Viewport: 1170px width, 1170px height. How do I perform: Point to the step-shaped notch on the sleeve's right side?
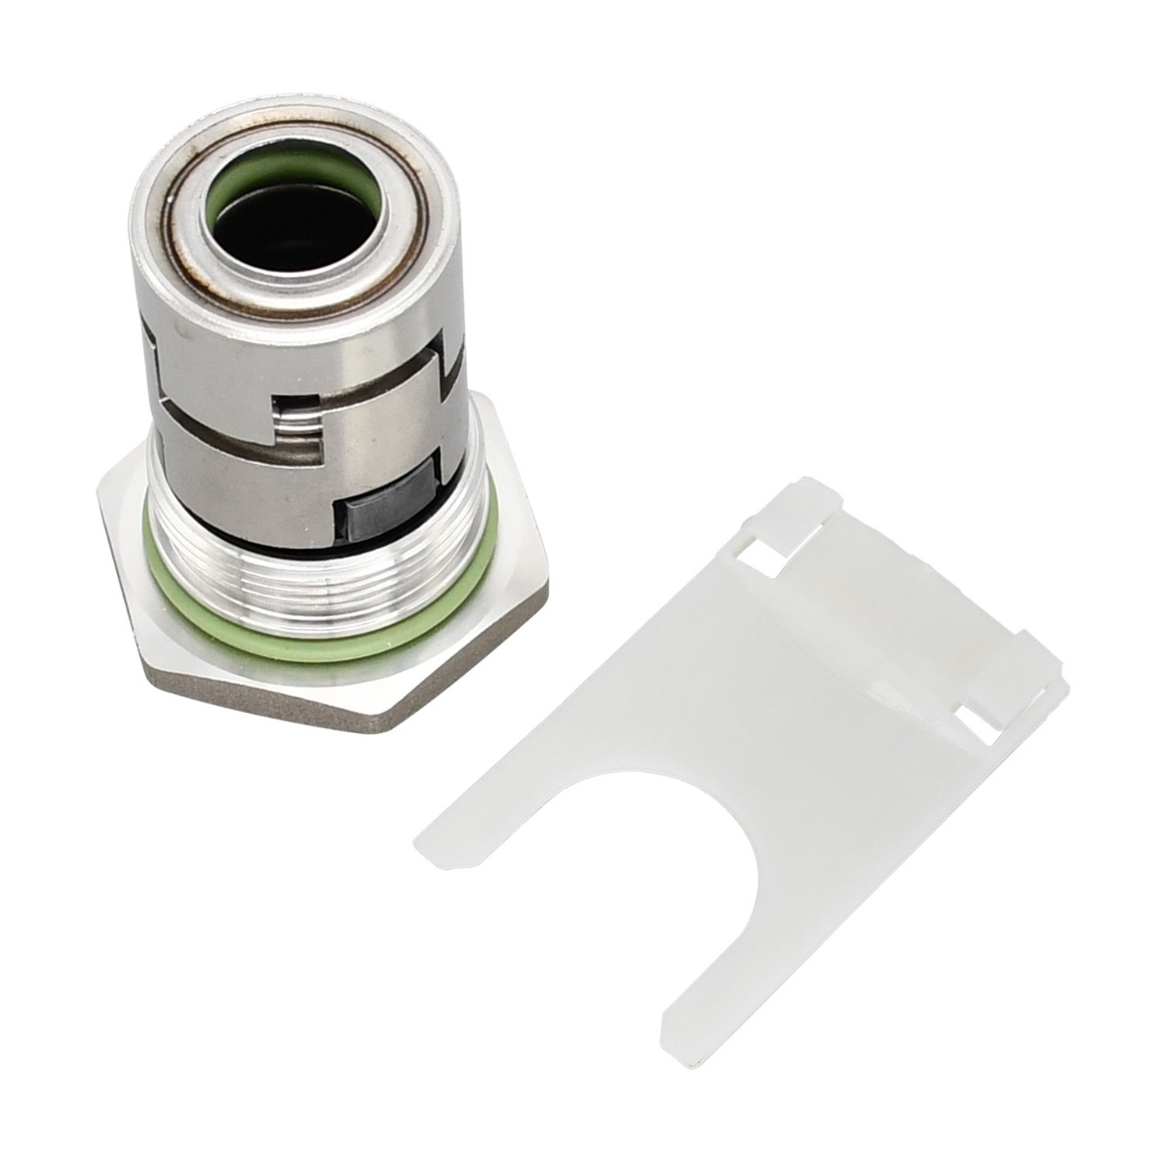pos(450,361)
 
